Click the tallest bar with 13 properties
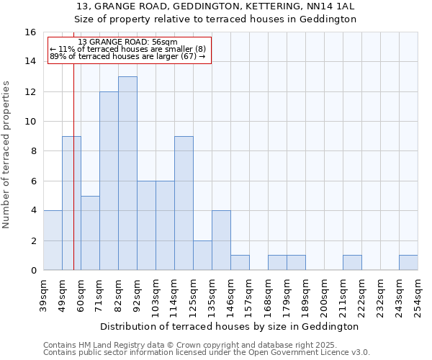pyautogui.click(x=127, y=174)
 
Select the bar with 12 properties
pyautogui.click(x=109, y=181)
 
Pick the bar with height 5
pyautogui.click(x=90, y=233)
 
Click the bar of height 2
pyautogui.click(x=202, y=256)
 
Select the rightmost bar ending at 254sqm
pyautogui.click(x=408, y=263)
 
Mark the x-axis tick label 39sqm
pyautogui.click(x=43, y=295)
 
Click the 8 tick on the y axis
pyautogui.click(x=32, y=151)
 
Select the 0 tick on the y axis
pyautogui.click(x=32, y=271)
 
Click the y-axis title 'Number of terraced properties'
pyautogui.click(x=7, y=155)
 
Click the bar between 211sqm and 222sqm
pyautogui.click(x=352, y=263)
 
